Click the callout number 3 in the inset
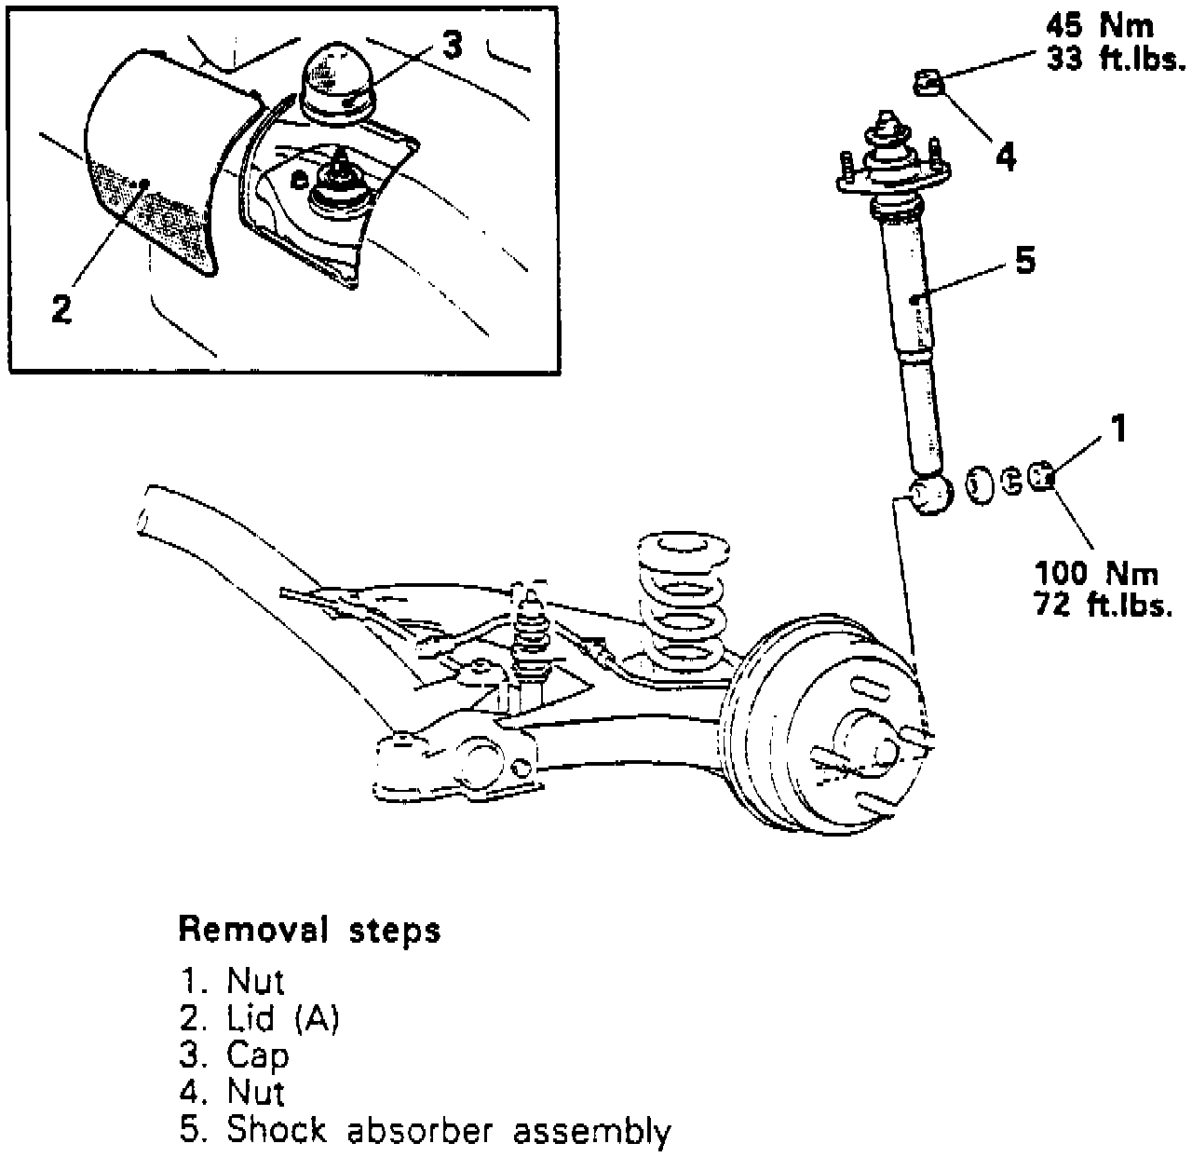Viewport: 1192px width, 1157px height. coord(452,46)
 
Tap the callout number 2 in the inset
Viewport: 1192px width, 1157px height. coord(61,308)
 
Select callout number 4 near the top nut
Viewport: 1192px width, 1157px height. coord(1005,157)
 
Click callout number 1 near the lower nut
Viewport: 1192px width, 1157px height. coord(1118,429)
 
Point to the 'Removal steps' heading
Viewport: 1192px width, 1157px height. coord(309,929)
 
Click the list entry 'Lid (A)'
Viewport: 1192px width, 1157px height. coord(282,1018)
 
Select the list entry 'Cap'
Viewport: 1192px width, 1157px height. coord(257,1055)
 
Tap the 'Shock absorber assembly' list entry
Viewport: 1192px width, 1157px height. coord(448,1130)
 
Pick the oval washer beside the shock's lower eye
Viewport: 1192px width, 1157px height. coord(977,484)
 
